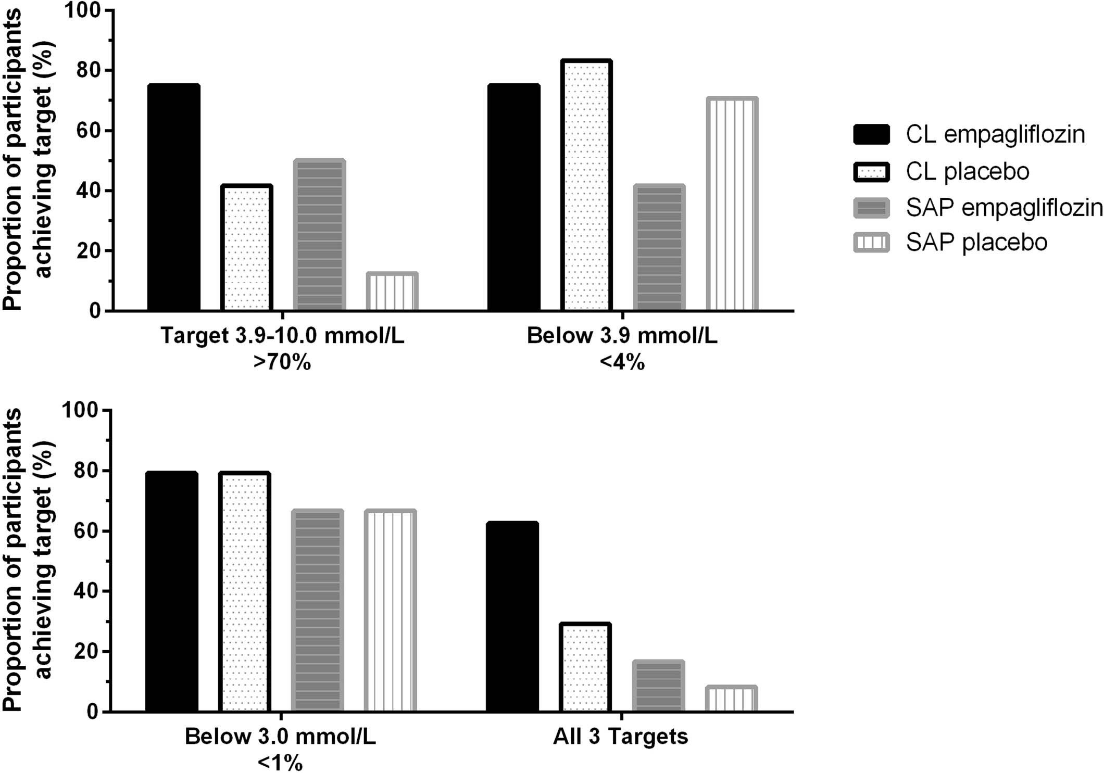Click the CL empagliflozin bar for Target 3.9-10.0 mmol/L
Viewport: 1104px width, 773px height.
pos(174,198)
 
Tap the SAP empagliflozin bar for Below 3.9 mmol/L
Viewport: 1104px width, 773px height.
pos(659,248)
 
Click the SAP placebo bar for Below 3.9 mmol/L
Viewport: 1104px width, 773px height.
pos(732,204)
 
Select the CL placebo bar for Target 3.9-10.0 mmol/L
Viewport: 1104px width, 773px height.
pos(246,248)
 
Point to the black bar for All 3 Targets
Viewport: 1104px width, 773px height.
pos(512,617)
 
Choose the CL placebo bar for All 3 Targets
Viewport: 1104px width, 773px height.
pos(585,667)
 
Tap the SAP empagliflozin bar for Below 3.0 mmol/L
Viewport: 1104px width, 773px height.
pos(317,611)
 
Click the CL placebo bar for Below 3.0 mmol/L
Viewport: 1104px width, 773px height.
pos(244,592)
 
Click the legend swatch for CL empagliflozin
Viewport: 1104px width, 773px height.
pos(871,134)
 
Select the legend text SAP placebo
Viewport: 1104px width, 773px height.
pos(976,243)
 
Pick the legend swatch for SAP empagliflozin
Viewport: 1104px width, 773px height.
pos(871,207)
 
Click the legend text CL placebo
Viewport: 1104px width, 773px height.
pos(967,171)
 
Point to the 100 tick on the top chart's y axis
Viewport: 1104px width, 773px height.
pos(83,10)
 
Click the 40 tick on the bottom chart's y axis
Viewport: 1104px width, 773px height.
pos(83,591)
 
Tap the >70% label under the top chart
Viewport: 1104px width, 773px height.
pos(282,361)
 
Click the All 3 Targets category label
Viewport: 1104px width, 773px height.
pos(620,737)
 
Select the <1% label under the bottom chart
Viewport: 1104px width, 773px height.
pos(280,763)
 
